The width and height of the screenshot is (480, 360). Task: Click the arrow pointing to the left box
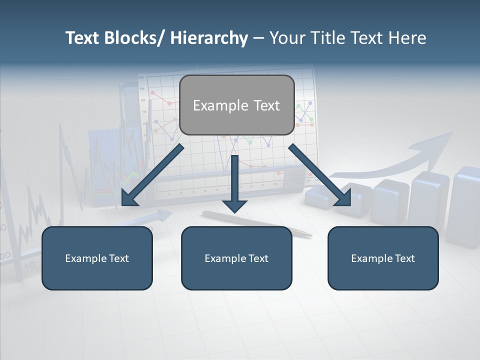152,175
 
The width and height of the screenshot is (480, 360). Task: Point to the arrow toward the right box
319,175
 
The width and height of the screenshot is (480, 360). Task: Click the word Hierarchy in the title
209,38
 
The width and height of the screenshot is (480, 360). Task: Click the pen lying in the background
255,222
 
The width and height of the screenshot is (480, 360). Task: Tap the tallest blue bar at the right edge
464,205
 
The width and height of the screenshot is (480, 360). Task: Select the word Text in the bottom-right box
404,258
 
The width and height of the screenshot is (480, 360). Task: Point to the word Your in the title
288,38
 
